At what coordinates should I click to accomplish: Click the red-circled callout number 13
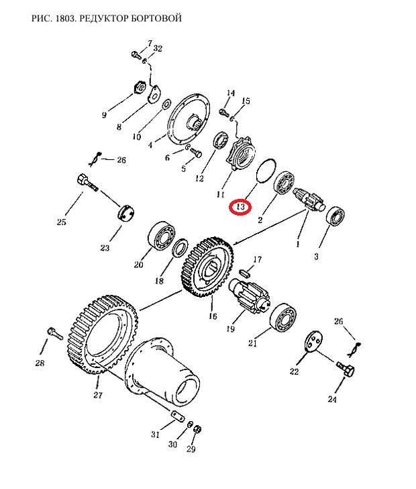point(240,207)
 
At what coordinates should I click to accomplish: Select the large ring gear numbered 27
point(102,335)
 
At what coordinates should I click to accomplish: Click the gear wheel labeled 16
point(207,267)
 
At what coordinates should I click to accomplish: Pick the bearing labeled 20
point(162,236)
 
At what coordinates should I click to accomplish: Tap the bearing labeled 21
point(283,316)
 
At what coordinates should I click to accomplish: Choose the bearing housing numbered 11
point(240,153)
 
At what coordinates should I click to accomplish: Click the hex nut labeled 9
point(140,87)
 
